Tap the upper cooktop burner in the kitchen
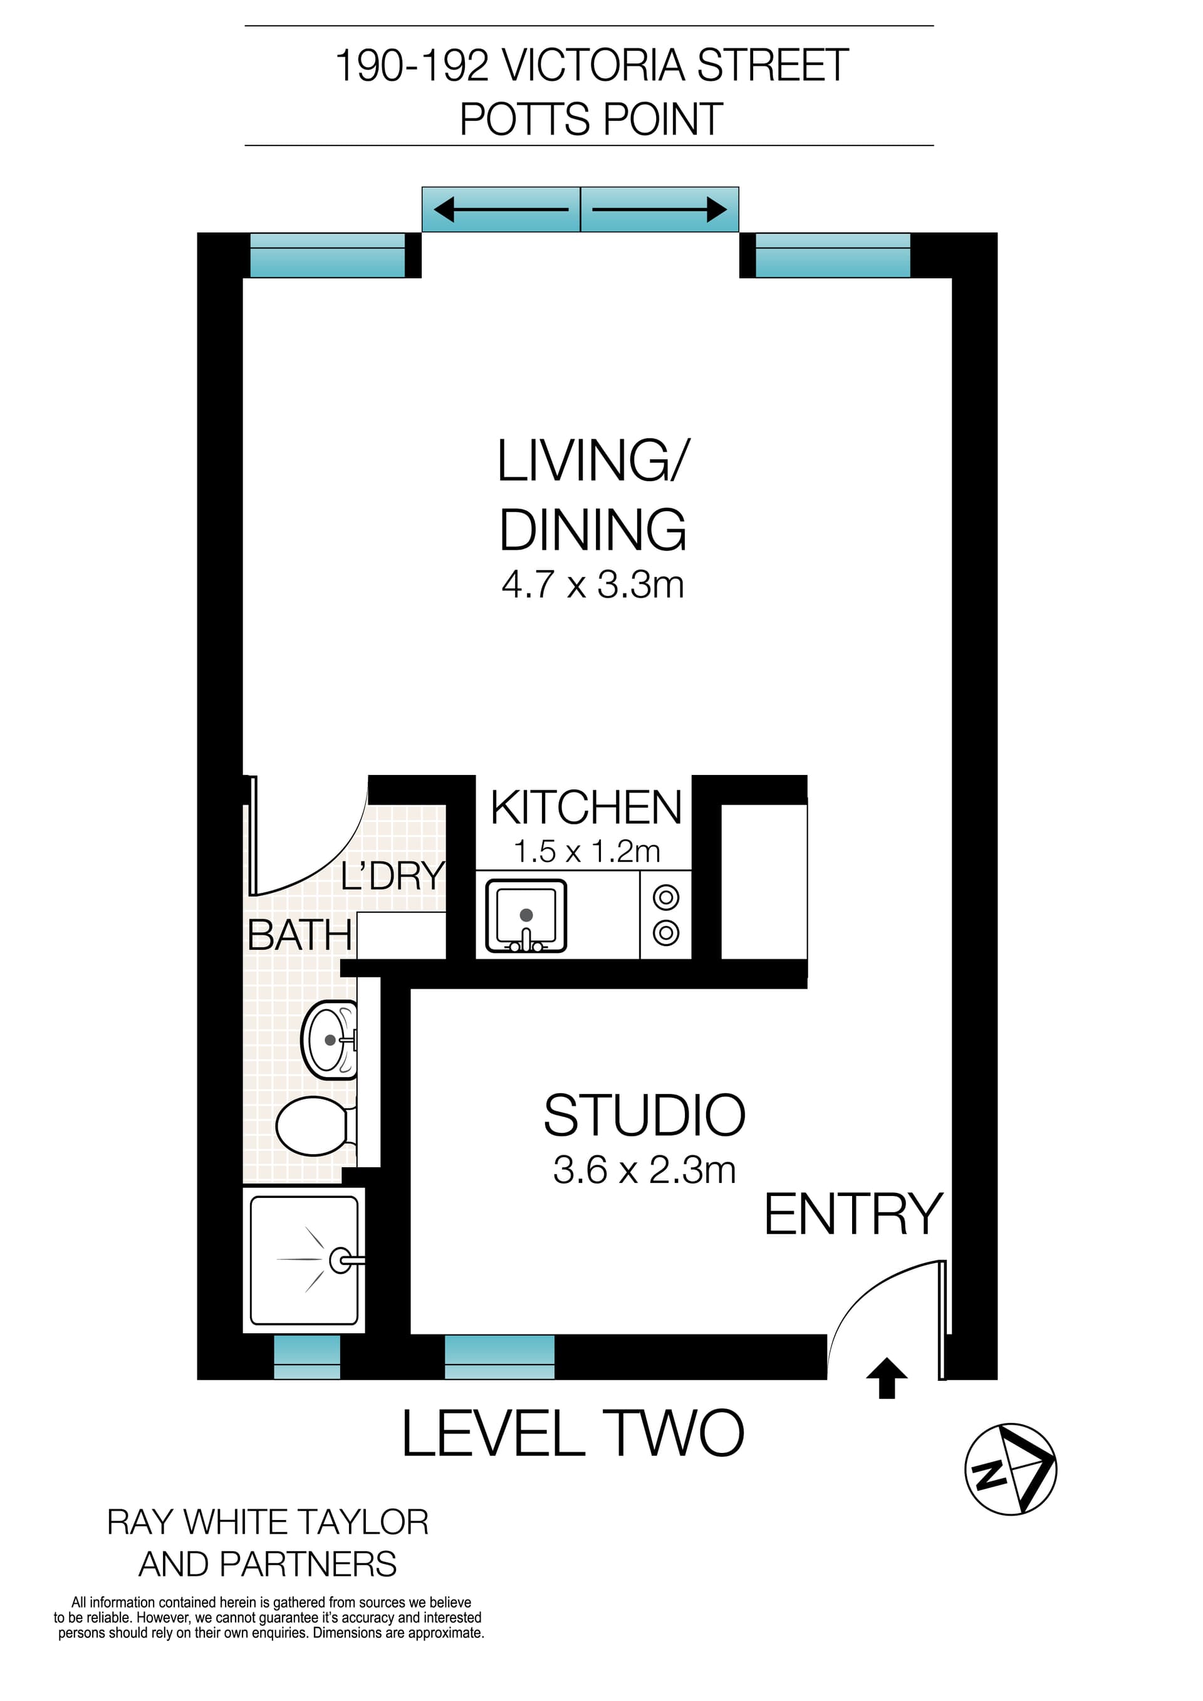coord(666,897)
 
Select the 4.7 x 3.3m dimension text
coord(593,585)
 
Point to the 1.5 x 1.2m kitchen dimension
coord(586,852)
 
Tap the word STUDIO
coord(645,1116)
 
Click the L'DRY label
coord(393,877)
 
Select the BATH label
coord(299,935)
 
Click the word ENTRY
coord(853,1215)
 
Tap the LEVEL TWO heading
coord(573,1435)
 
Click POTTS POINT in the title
coord(591,119)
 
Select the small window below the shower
coord(306,1356)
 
